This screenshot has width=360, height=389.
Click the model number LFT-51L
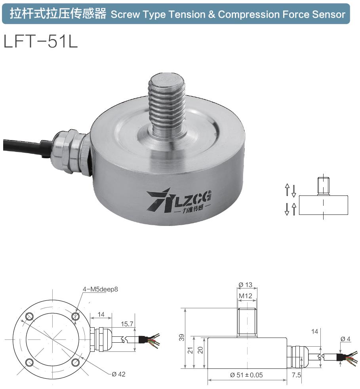(x=40, y=41)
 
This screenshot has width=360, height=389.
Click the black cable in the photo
(x=24, y=145)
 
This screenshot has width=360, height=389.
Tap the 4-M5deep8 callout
(x=100, y=289)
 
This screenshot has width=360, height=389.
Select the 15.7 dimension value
(x=126, y=324)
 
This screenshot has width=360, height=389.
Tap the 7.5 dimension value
(x=296, y=375)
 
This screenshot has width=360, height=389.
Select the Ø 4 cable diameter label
(x=345, y=339)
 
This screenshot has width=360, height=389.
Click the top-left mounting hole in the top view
(x=29, y=317)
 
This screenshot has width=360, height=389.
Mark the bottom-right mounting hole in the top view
(x=75, y=362)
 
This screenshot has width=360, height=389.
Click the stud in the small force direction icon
(x=323, y=187)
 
